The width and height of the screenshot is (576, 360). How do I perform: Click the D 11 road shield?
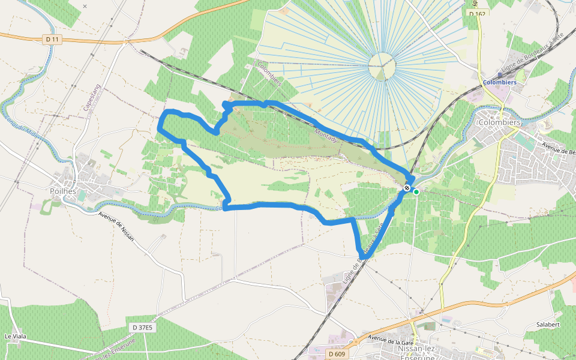point(53,39)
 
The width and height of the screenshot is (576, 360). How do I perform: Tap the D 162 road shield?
point(477,13)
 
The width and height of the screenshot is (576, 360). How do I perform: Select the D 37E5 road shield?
point(142,327)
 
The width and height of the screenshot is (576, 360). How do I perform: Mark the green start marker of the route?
point(416,192)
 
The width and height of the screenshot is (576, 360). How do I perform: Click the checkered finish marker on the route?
point(407,188)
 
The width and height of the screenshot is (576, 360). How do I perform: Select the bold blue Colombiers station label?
point(500,82)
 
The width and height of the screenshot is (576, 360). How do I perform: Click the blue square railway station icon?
point(500,75)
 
